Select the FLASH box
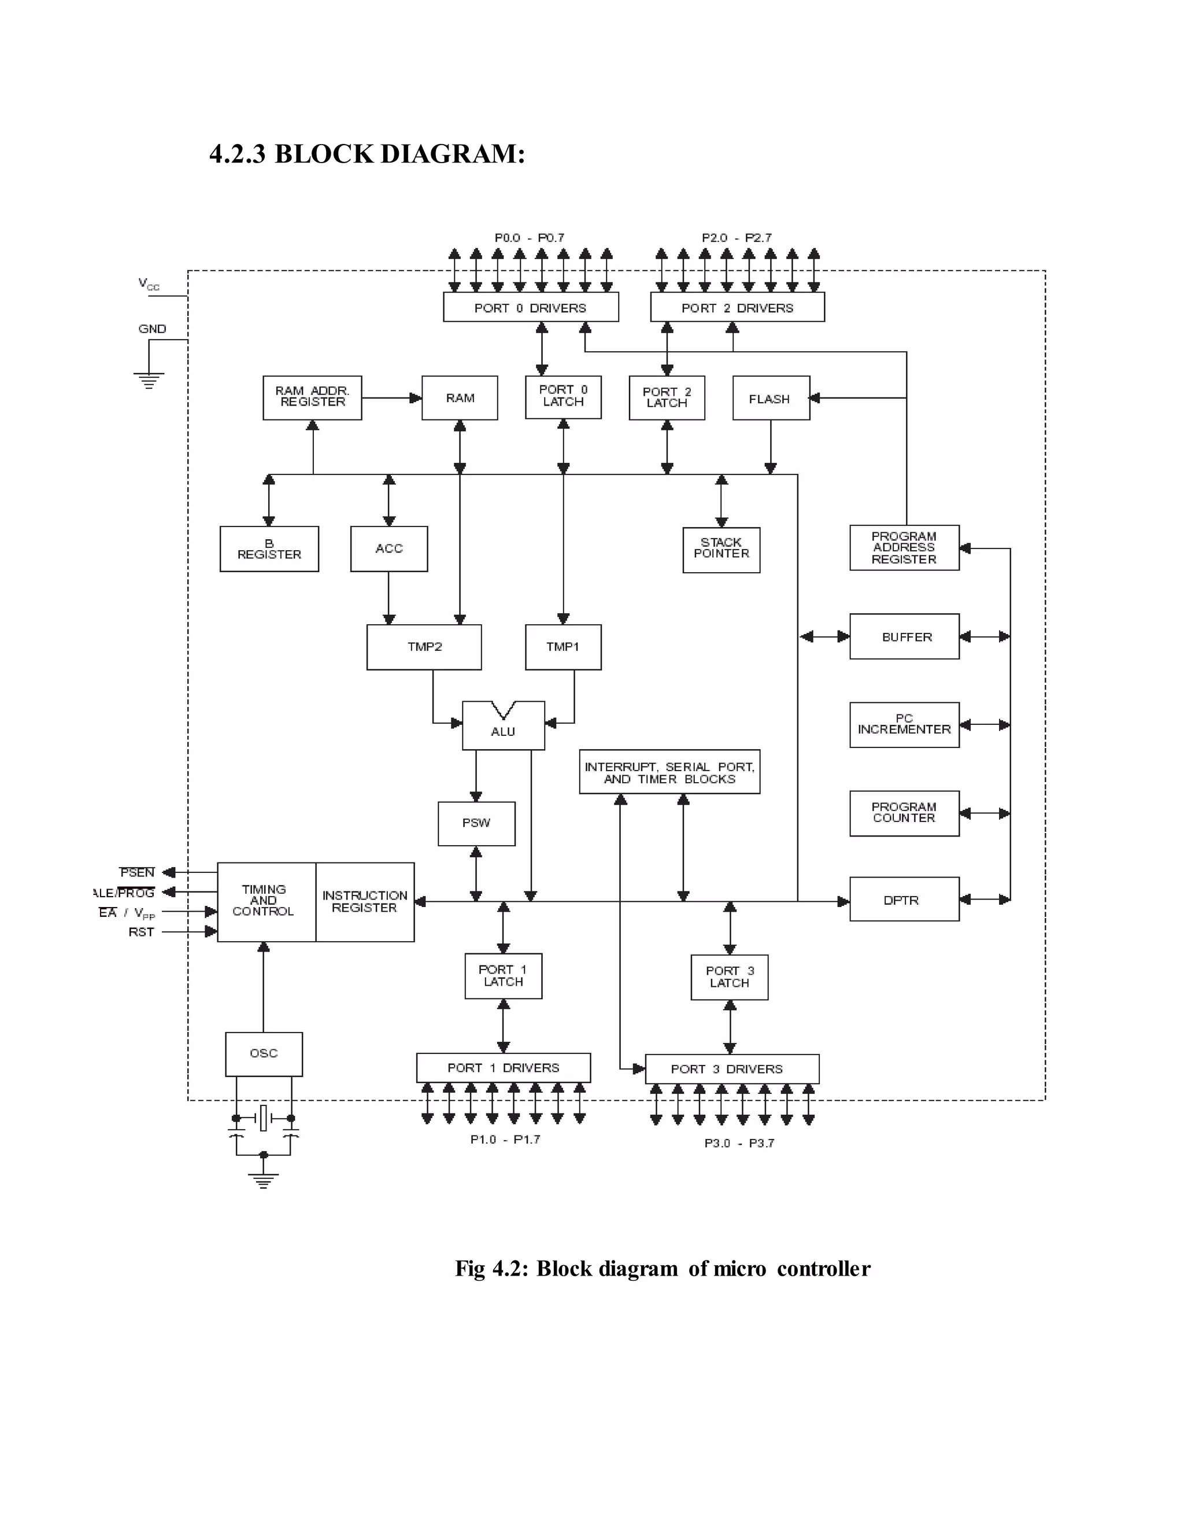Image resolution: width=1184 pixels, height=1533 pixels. pos(771,399)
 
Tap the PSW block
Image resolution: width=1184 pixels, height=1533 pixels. pos(476,823)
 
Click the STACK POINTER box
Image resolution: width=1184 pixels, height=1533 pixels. pos(721,550)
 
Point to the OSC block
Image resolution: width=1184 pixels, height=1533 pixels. pos(264,1053)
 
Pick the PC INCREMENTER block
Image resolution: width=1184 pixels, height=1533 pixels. pos(904,724)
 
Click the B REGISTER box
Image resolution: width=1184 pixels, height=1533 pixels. pos(269,549)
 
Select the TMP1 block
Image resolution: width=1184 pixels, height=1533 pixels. pos(563,647)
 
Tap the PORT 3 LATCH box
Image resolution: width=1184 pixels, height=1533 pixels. pos(729,977)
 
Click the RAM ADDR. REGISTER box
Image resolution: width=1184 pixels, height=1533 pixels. pos(312,397)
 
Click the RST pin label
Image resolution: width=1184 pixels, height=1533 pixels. pos(141,932)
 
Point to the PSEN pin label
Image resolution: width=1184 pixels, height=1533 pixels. pos(137,872)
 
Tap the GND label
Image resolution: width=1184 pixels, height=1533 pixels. pos(152,329)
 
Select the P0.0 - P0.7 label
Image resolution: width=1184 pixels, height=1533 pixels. pos(529,238)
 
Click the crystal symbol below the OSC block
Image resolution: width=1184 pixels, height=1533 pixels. pos(264,1118)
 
